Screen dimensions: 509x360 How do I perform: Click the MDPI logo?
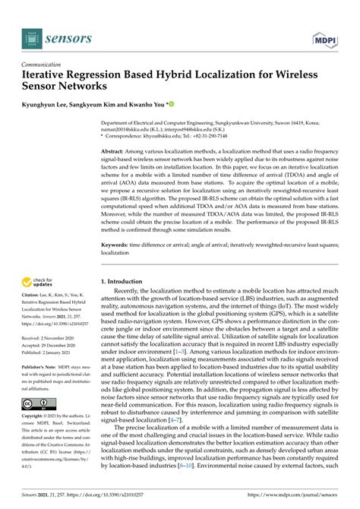coord(322,38)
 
